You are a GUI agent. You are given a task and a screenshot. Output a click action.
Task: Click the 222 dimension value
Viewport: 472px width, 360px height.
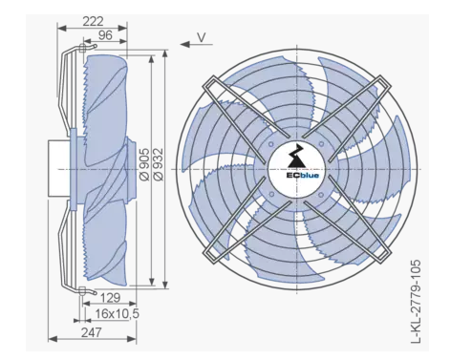click(x=93, y=21)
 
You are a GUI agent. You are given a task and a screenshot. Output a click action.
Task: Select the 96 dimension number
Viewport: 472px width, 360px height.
click(x=105, y=35)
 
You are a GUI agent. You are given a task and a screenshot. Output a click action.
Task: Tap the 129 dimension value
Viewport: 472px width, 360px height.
click(x=110, y=298)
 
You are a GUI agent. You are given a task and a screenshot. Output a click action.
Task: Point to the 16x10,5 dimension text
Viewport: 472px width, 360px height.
click(x=118, y=313)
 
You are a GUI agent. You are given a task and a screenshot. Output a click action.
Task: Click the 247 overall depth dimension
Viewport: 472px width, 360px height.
click(x=92, y=332)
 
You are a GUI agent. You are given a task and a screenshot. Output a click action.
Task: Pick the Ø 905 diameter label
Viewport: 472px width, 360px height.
click(x=144, y=164)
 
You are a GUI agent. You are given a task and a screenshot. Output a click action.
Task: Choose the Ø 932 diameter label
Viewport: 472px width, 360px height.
click(x=159, y=164)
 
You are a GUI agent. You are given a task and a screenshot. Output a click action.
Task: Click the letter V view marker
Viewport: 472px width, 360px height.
click(x=202, y=37)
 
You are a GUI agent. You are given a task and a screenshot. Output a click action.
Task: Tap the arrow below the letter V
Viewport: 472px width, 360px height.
click(x=196, y=44)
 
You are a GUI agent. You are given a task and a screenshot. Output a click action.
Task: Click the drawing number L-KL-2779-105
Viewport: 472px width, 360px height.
click(x=416, y=302)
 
